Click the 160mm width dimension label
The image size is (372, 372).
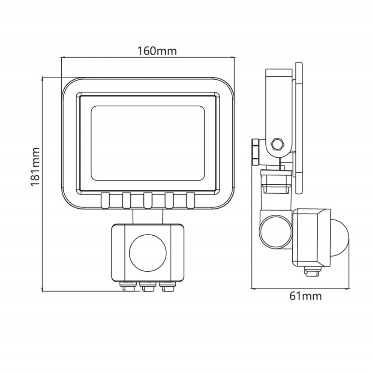point(157,51)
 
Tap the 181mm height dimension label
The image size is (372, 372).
point(35,166)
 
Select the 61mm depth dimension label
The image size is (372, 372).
point(306,296)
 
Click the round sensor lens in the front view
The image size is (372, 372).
point(147,252)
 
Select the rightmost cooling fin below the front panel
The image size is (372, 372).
point(190,200)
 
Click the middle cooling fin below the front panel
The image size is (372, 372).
point(147,200)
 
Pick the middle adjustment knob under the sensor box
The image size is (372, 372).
point(147,287)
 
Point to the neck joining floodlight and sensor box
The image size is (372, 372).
point(147,216)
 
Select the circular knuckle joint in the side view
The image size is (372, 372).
point(274,231)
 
